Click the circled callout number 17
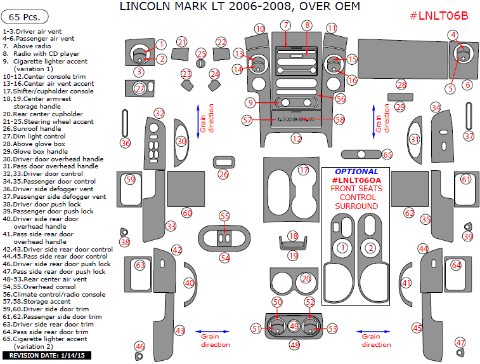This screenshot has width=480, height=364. click(304, 170)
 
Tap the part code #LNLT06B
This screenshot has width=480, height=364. click(439, 16)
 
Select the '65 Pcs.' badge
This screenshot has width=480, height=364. click(25, 17)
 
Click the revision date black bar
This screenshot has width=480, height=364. click(47, 356)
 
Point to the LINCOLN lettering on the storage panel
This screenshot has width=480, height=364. click(296, 119)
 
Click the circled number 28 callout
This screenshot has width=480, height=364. click(401, 84)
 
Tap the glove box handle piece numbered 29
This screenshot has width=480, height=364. click(400, 97)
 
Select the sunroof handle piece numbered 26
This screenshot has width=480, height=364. click(224, 162)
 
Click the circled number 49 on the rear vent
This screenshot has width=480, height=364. click(294, 326)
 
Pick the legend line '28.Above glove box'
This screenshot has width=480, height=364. click(34, 144)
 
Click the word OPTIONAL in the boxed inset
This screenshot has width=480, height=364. click(356, 172)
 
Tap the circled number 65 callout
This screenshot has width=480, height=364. click(387, 154)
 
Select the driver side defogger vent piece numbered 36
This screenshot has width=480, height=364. click(124, 123)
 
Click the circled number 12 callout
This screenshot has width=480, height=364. click(296, 139)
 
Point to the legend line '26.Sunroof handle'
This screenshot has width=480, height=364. click(32, 129)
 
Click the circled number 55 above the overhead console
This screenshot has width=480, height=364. click(224, 216)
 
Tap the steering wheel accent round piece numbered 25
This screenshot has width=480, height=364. click(200, 63)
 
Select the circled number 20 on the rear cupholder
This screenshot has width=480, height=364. click(306, 278)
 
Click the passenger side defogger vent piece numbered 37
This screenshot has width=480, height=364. click(469, 116)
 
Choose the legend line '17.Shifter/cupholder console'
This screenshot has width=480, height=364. click(48, 91)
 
